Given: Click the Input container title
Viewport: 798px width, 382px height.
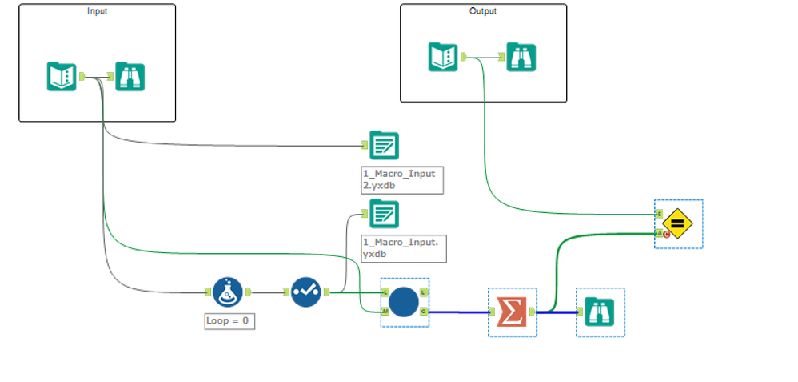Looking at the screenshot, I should pos(97,11).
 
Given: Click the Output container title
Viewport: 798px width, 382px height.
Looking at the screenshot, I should pos(483,11).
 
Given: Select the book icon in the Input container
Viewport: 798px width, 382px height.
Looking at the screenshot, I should pos(62,77).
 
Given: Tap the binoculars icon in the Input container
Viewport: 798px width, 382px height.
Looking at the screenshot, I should pos(130,77).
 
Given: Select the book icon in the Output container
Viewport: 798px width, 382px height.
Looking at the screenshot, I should pos(443,57).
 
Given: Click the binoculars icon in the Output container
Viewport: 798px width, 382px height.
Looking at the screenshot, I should pos(521,57).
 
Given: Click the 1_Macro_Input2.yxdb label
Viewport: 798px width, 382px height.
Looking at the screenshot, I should pos(401,179).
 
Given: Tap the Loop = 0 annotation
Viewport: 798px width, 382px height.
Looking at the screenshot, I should pos(229,321).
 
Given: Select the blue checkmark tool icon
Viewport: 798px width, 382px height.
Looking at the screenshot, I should pos(305,292).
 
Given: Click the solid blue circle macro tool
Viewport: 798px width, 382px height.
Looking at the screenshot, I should pos(405,302).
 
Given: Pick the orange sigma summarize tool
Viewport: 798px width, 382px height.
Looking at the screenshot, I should pos(511,311).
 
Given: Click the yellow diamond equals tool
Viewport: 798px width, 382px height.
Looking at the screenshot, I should pos(677,223).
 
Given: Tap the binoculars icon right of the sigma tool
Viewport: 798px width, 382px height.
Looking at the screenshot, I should pos(599,311).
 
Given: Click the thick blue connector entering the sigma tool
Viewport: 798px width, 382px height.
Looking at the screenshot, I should pos(460,312).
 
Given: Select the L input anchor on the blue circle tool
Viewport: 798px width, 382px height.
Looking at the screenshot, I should pos(385,292).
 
